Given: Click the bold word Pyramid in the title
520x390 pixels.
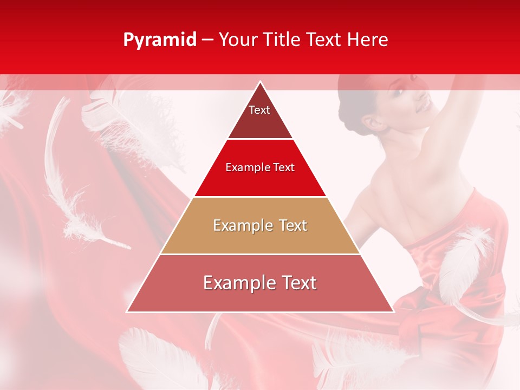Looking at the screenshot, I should [x=159, y=40].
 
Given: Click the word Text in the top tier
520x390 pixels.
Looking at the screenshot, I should [x=259, y=110].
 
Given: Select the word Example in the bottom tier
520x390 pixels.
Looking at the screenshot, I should [x=234, y=283].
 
